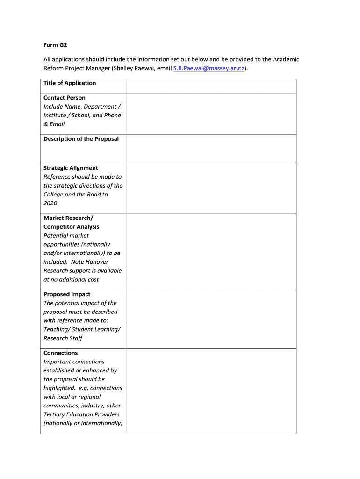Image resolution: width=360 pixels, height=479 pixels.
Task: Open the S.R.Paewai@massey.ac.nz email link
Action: [209, 68]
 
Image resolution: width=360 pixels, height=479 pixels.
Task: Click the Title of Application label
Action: [70, 83]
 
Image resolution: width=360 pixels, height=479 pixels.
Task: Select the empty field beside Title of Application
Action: [211, 86]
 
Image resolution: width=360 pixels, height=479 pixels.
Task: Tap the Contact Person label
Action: [65, 98]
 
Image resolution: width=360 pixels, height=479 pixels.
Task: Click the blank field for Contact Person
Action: [211, 114]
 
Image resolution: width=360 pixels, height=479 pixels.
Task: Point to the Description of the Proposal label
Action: [81, 139]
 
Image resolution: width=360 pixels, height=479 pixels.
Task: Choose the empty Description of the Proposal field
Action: [211, 149]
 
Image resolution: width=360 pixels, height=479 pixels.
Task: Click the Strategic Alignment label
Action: [71, 168]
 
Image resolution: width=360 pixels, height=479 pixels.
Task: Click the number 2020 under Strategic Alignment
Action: [50, 203]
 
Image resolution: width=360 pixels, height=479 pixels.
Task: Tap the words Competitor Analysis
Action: [71, 227]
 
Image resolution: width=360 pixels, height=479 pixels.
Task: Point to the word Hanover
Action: [96, 262]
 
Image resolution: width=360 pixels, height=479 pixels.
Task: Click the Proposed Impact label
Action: [67, 294]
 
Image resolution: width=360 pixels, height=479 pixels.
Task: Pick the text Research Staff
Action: [63, 338]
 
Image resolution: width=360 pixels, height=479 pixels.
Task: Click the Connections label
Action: [61, 353]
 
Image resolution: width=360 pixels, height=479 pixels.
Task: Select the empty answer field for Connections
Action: [211, 391]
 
